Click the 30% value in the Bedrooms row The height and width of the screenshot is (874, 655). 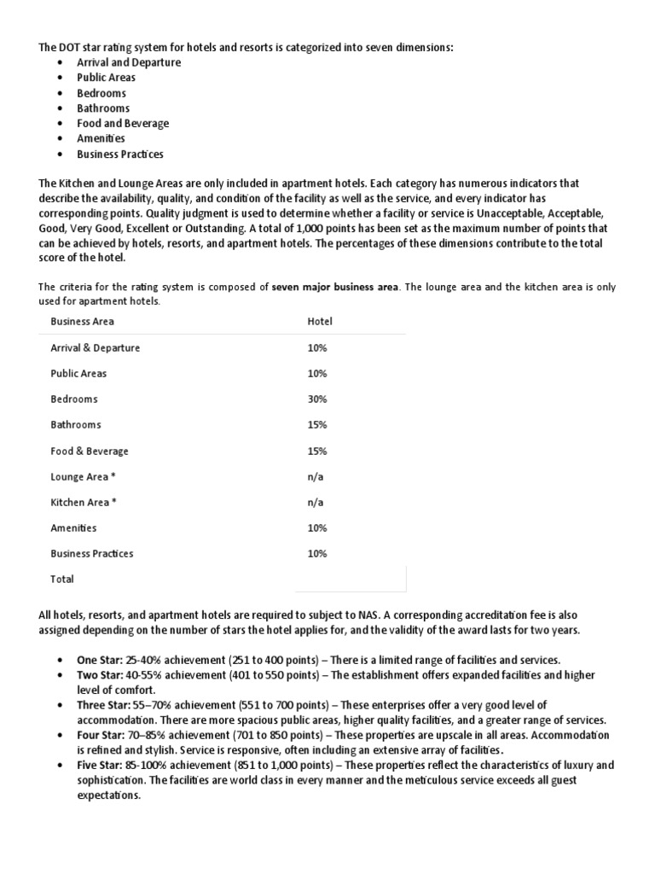317,399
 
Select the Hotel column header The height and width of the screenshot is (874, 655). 319,322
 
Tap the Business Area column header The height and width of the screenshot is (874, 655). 82,322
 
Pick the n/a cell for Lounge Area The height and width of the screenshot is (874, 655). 316,476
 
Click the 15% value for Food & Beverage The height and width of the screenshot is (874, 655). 317,451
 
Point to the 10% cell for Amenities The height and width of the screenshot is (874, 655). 317,527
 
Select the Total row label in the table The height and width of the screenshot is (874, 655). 62,579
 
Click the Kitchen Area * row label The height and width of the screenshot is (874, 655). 84,502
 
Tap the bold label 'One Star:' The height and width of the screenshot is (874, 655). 100,660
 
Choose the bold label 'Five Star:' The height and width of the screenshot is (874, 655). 101,765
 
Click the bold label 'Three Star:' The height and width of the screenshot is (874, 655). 104,706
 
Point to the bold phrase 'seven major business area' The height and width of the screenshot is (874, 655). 334,287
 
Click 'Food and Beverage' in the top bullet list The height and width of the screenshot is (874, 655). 123,123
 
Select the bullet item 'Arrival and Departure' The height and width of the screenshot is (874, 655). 129,62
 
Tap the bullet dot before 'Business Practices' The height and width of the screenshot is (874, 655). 58,154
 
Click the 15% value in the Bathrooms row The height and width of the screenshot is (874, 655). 317,424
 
